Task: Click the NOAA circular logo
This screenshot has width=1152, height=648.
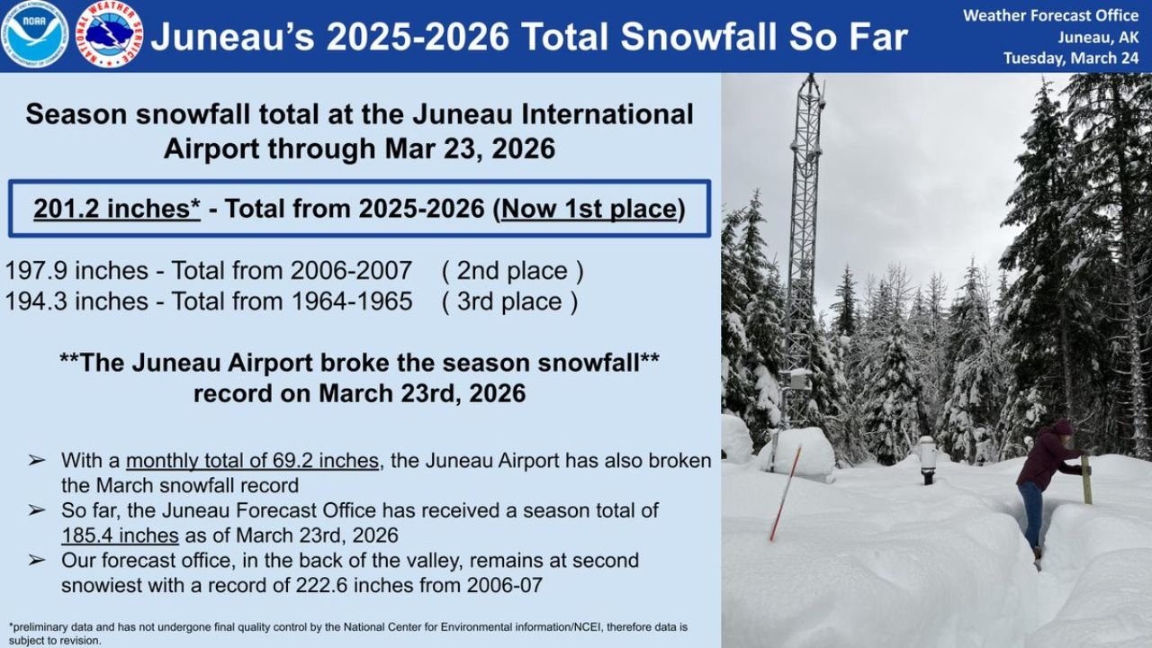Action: [x=34, y=34]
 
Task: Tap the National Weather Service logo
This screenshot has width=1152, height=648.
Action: [x=108, y=34]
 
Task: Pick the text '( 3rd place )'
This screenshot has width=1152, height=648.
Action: [x=509, y=301]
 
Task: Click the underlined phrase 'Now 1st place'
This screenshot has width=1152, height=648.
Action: [x=589, y=209]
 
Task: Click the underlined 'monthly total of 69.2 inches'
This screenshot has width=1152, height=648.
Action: [x=252, y=461]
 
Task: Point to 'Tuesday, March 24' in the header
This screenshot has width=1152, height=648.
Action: [x=1071, y=58]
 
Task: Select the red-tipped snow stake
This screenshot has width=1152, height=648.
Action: [x=785, y=493]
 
